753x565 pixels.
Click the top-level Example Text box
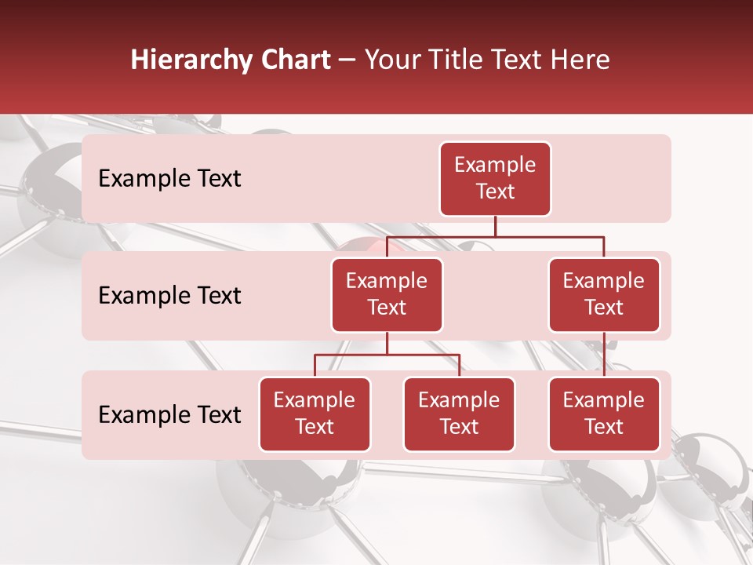click(x=495, y=179)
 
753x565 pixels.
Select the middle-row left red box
click(x=387, y=295)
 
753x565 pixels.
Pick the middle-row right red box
click(x=604, y=295)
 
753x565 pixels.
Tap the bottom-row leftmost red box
click(x=315, y=414)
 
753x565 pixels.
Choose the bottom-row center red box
click(x=459, y=414)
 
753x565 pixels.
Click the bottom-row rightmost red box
click(x=604, y=414)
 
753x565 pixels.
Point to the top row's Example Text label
click(x=169, y=179)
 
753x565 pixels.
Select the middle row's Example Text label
click(x=169, y=296)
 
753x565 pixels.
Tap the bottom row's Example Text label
click(x=169, y=415)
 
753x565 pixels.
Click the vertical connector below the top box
click(x=495, y=226)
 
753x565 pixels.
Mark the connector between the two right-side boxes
click(x=604, y=355)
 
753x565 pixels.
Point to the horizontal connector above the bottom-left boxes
click(x=387, y=355)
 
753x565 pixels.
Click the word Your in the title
click(x=389, y=60)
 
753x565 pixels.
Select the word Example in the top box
click(x=495, y=165)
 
